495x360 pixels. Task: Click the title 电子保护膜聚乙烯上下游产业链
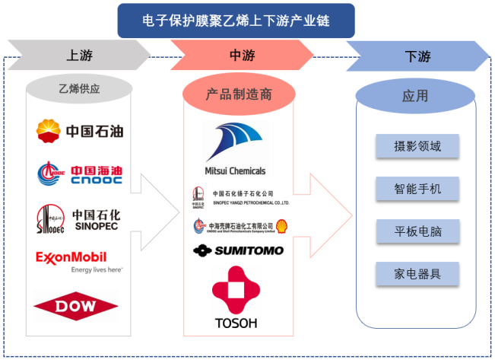tap(236, 21)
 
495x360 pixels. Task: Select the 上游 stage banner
tap(81, 56)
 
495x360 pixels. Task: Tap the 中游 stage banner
tap(242, 56)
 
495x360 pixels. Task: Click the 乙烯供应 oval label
tap(80, 89)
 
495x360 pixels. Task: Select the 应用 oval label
tap(414, 97)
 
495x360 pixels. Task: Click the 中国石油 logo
tap(80, 131)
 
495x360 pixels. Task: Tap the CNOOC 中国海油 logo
tap(80, 174)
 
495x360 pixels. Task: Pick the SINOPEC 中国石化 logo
tap(80, 218)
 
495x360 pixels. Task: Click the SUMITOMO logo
tap(238, 250)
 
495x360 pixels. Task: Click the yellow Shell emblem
tap(281, 226)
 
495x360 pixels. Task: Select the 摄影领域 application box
tap(418, 146)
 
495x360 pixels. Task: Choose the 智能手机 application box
tap(418, 188)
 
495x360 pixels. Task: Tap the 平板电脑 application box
tap(418, 231)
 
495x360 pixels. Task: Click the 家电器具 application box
tap(418, 273)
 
